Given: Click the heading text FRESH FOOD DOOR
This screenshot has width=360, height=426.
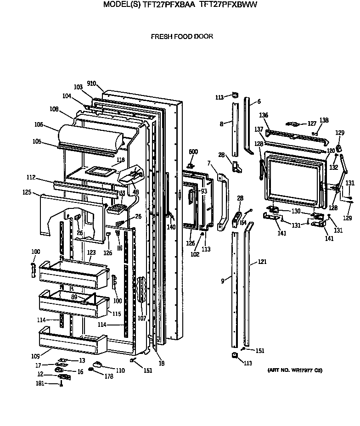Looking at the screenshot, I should pos(182,36).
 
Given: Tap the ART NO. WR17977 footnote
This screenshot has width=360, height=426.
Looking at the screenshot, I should pos(294,370).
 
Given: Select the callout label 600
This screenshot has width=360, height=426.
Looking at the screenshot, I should pos(193,152).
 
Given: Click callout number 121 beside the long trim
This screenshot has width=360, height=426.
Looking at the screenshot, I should pos(262,262).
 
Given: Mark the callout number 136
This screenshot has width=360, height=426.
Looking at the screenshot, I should pos(264,115).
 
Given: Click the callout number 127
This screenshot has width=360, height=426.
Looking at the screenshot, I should pos(312,123).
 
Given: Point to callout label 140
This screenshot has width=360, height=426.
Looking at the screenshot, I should pos(171,227).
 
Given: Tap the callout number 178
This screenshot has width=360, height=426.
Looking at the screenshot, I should pos(109,376).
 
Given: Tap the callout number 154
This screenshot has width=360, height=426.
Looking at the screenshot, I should pos(243,223).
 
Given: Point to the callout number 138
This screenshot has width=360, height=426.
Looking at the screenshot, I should pos(324,120).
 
